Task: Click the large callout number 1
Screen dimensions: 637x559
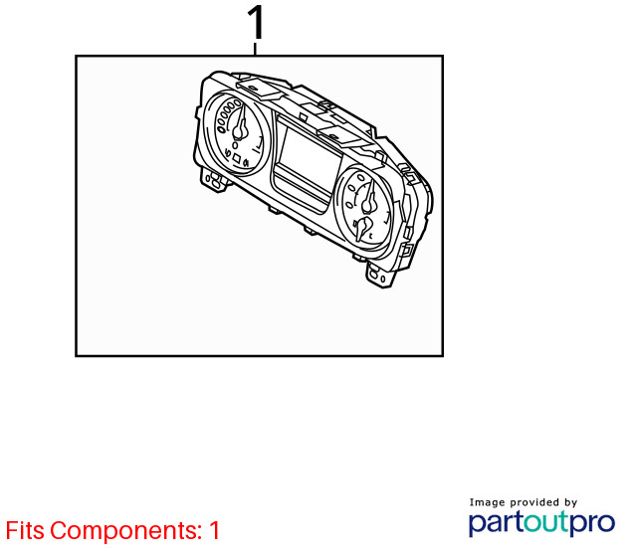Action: [256, 23]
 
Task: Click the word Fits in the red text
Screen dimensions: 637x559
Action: [25, 530]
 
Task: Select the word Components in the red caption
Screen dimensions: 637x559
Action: [126, 530]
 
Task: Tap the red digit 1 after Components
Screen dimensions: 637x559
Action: [214, 530]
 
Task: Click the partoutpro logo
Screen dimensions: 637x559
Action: [541, 523]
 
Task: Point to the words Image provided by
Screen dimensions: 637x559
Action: [524, 503]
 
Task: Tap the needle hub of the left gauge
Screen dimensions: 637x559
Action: [240, 131]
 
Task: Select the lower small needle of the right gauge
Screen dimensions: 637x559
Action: [361, 229]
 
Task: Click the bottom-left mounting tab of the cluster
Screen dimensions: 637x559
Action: [215, 180]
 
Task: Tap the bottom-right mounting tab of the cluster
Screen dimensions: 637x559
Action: [380, 275]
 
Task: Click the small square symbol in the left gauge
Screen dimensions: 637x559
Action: [237, 158]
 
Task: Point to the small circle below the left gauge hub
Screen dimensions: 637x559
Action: [235, 145]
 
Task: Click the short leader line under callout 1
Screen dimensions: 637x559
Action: [255, 49]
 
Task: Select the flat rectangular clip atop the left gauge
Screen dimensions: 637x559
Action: [260, 89]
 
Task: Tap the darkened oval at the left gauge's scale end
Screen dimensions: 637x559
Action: [222, 130]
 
